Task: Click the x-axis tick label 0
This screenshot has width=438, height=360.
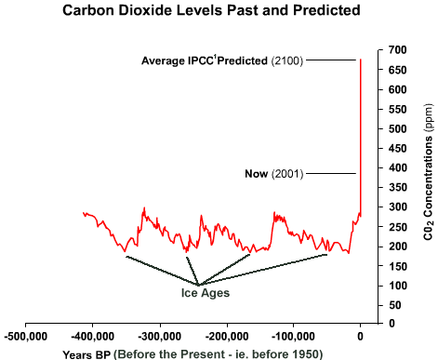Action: pos(361,336)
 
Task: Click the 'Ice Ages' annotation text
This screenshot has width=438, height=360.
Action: pos(206,293)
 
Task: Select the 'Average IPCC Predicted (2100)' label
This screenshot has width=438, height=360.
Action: pos(220,60)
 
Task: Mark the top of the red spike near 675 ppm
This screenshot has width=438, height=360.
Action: pos(360,60)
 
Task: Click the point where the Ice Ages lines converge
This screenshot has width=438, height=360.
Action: pos(197,284)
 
